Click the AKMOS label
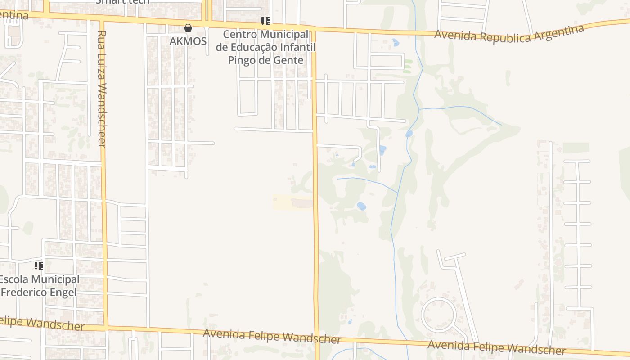click(188, 41)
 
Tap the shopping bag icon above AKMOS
click(188, 28)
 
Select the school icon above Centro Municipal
click(265, 21)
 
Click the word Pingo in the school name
click(243, 60)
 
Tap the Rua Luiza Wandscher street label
click(102, 89)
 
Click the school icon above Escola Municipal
click(39, 266)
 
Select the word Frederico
click(25, 292)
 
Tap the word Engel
click(64, 292)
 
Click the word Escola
click(14, 279)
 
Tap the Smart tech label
click(122, 2)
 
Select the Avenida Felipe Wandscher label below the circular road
click(496, 347)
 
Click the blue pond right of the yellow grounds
click(361, 206)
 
